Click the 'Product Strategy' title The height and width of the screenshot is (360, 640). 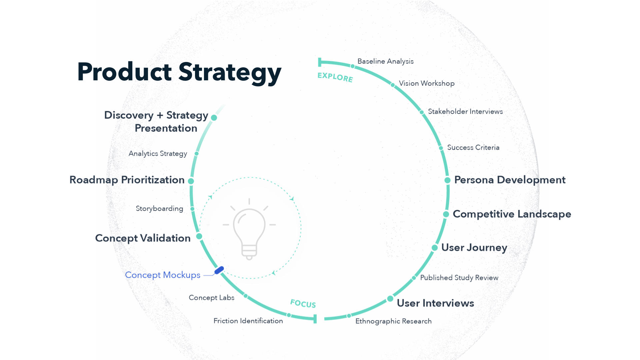click(179, 72)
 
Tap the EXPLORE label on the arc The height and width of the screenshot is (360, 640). click(335, 77)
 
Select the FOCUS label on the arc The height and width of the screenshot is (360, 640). click(303, 304)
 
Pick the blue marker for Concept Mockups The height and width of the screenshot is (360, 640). click(219, 270)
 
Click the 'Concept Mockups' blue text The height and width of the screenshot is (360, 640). click(163, 275)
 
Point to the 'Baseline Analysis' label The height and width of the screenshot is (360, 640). click(385, 61)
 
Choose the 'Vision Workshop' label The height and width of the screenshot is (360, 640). click(427, 83)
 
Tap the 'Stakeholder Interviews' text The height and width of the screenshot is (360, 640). click(465, 112)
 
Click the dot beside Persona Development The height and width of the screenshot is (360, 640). click(447, 180)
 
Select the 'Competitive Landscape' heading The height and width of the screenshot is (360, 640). click(512, 214)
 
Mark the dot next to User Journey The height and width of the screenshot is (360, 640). click(435, 248)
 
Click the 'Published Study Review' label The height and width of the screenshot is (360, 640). click(459, 278)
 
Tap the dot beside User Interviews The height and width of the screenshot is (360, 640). click(390, 299)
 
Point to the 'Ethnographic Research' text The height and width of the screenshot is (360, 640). click(393, 321)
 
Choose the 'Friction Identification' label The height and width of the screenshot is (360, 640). click(248, 321)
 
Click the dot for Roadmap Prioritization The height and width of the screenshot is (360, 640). click(191, 181)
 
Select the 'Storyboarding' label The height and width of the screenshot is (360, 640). click(159, 209)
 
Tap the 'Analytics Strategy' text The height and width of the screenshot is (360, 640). click(158, 154)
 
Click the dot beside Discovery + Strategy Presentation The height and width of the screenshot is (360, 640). click(214, 118)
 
